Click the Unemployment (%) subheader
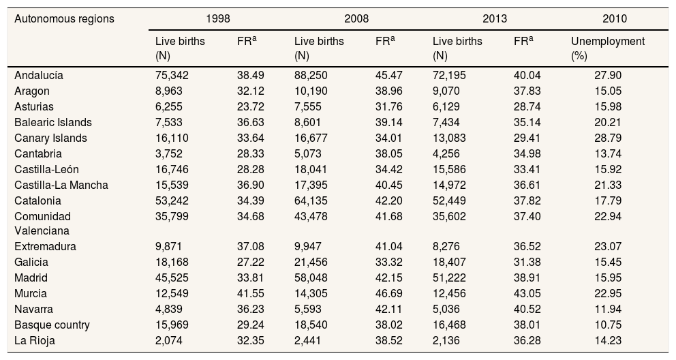[607, 48]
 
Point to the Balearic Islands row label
[53, 123]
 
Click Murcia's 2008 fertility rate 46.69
[389, 293]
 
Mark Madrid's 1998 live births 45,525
[174, 277]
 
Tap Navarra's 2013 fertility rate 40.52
[527, 309]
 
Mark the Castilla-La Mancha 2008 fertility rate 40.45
[389, 185]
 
